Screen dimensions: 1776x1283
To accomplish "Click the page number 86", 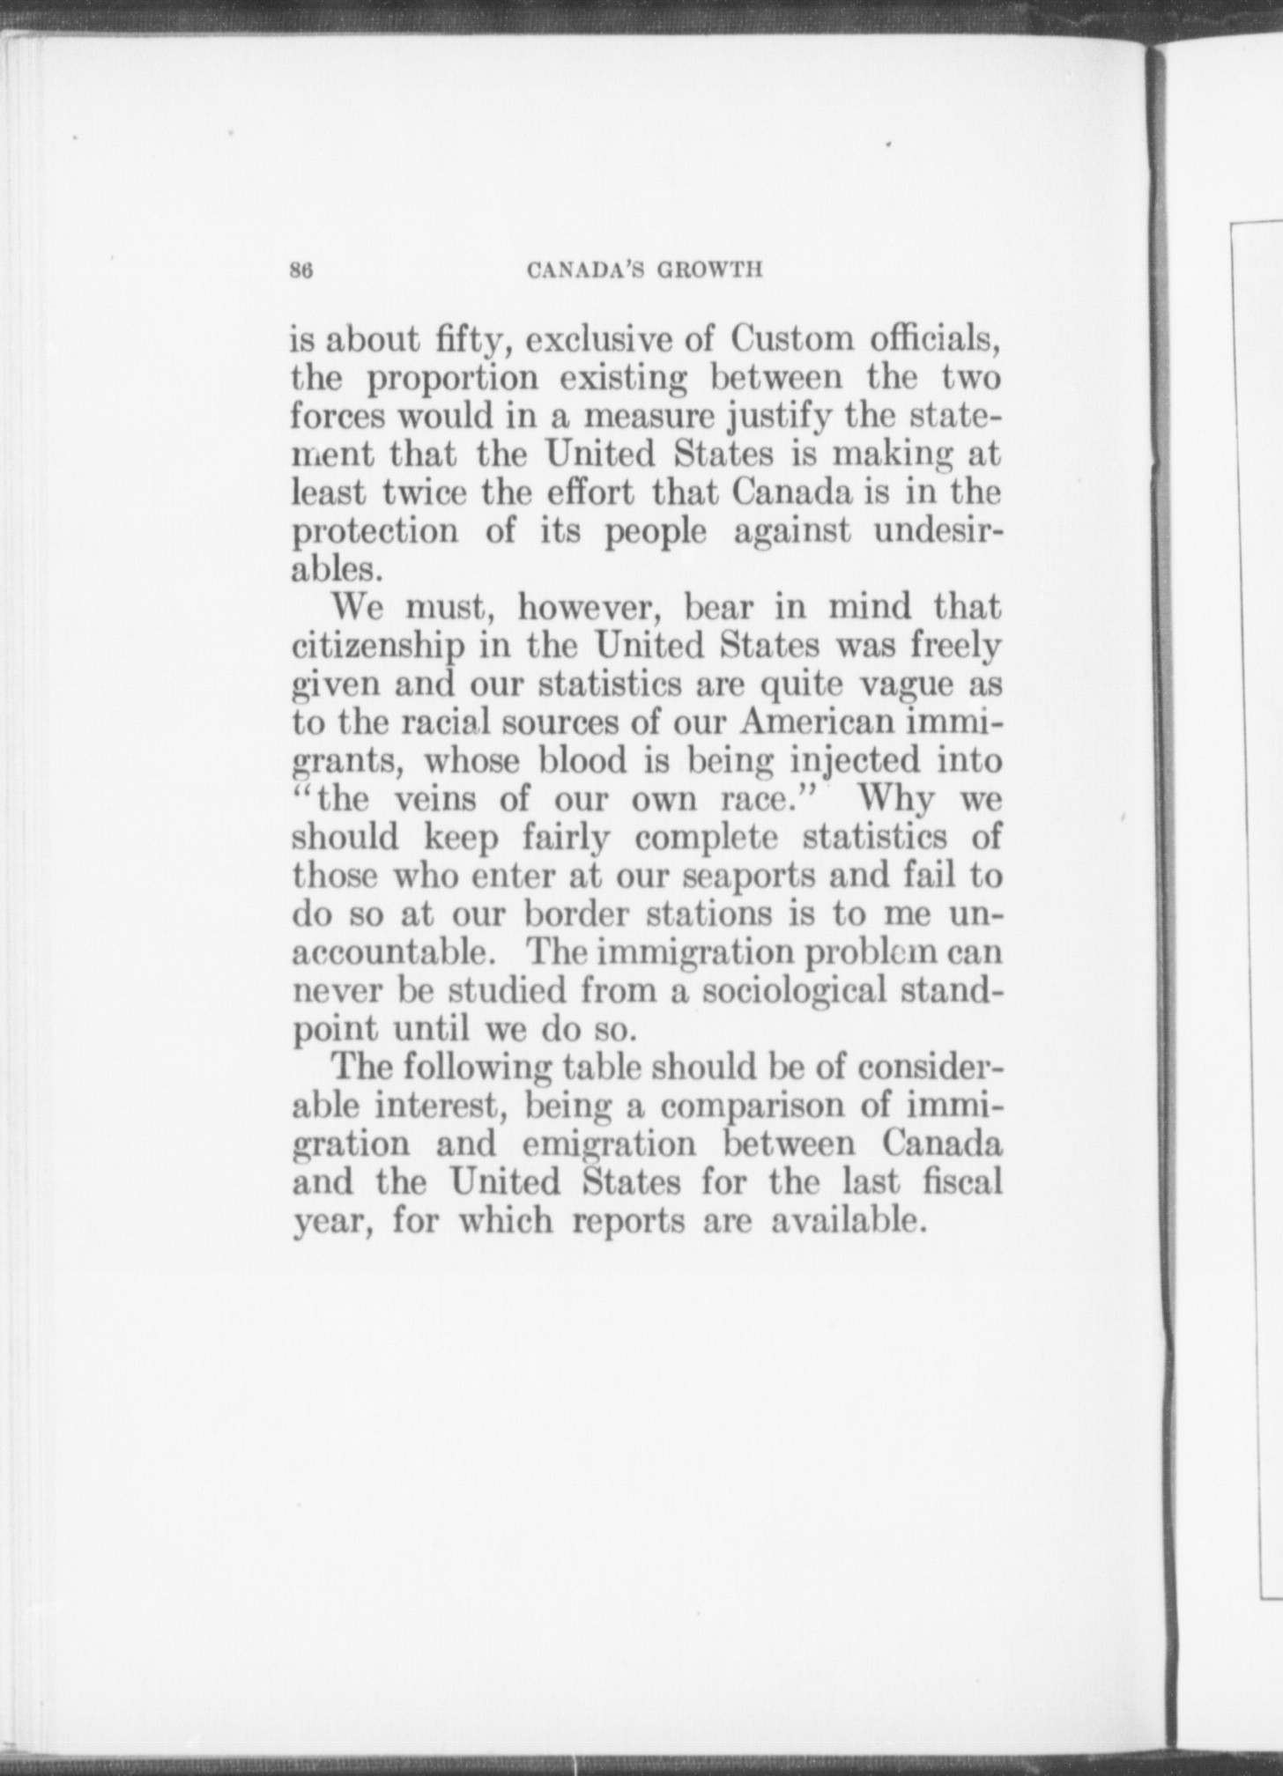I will tap(302, 271).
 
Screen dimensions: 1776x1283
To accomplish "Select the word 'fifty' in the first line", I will tap(468, 340).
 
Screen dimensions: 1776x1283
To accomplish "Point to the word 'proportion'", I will tap(452, 379).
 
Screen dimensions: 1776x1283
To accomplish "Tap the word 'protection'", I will tap(375, 532).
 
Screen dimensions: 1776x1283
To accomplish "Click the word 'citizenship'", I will tap(378, 647).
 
